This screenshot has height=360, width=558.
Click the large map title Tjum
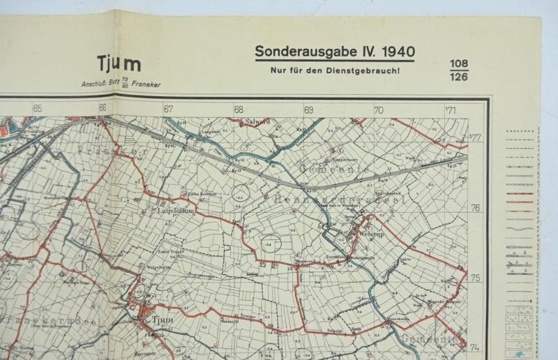[x=120, y=63]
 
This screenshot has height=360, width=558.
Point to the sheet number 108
[x=459, y=64]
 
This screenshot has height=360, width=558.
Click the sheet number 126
[x=459, y=77]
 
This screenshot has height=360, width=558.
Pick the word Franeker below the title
[x=146, y=84]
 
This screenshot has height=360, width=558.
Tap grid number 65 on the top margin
[x=37, y=109]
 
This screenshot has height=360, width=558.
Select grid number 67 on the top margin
[x=168, y=109]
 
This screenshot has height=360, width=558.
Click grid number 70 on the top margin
[x=379, y=110]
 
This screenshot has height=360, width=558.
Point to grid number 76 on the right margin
[x=476, y=208]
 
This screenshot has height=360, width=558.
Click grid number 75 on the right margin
[x=476, y=278]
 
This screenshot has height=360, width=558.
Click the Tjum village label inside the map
[x=161, y=320]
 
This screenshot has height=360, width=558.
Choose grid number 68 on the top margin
[x=239, y=110]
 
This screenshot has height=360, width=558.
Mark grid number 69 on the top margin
[x=308, y=110]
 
